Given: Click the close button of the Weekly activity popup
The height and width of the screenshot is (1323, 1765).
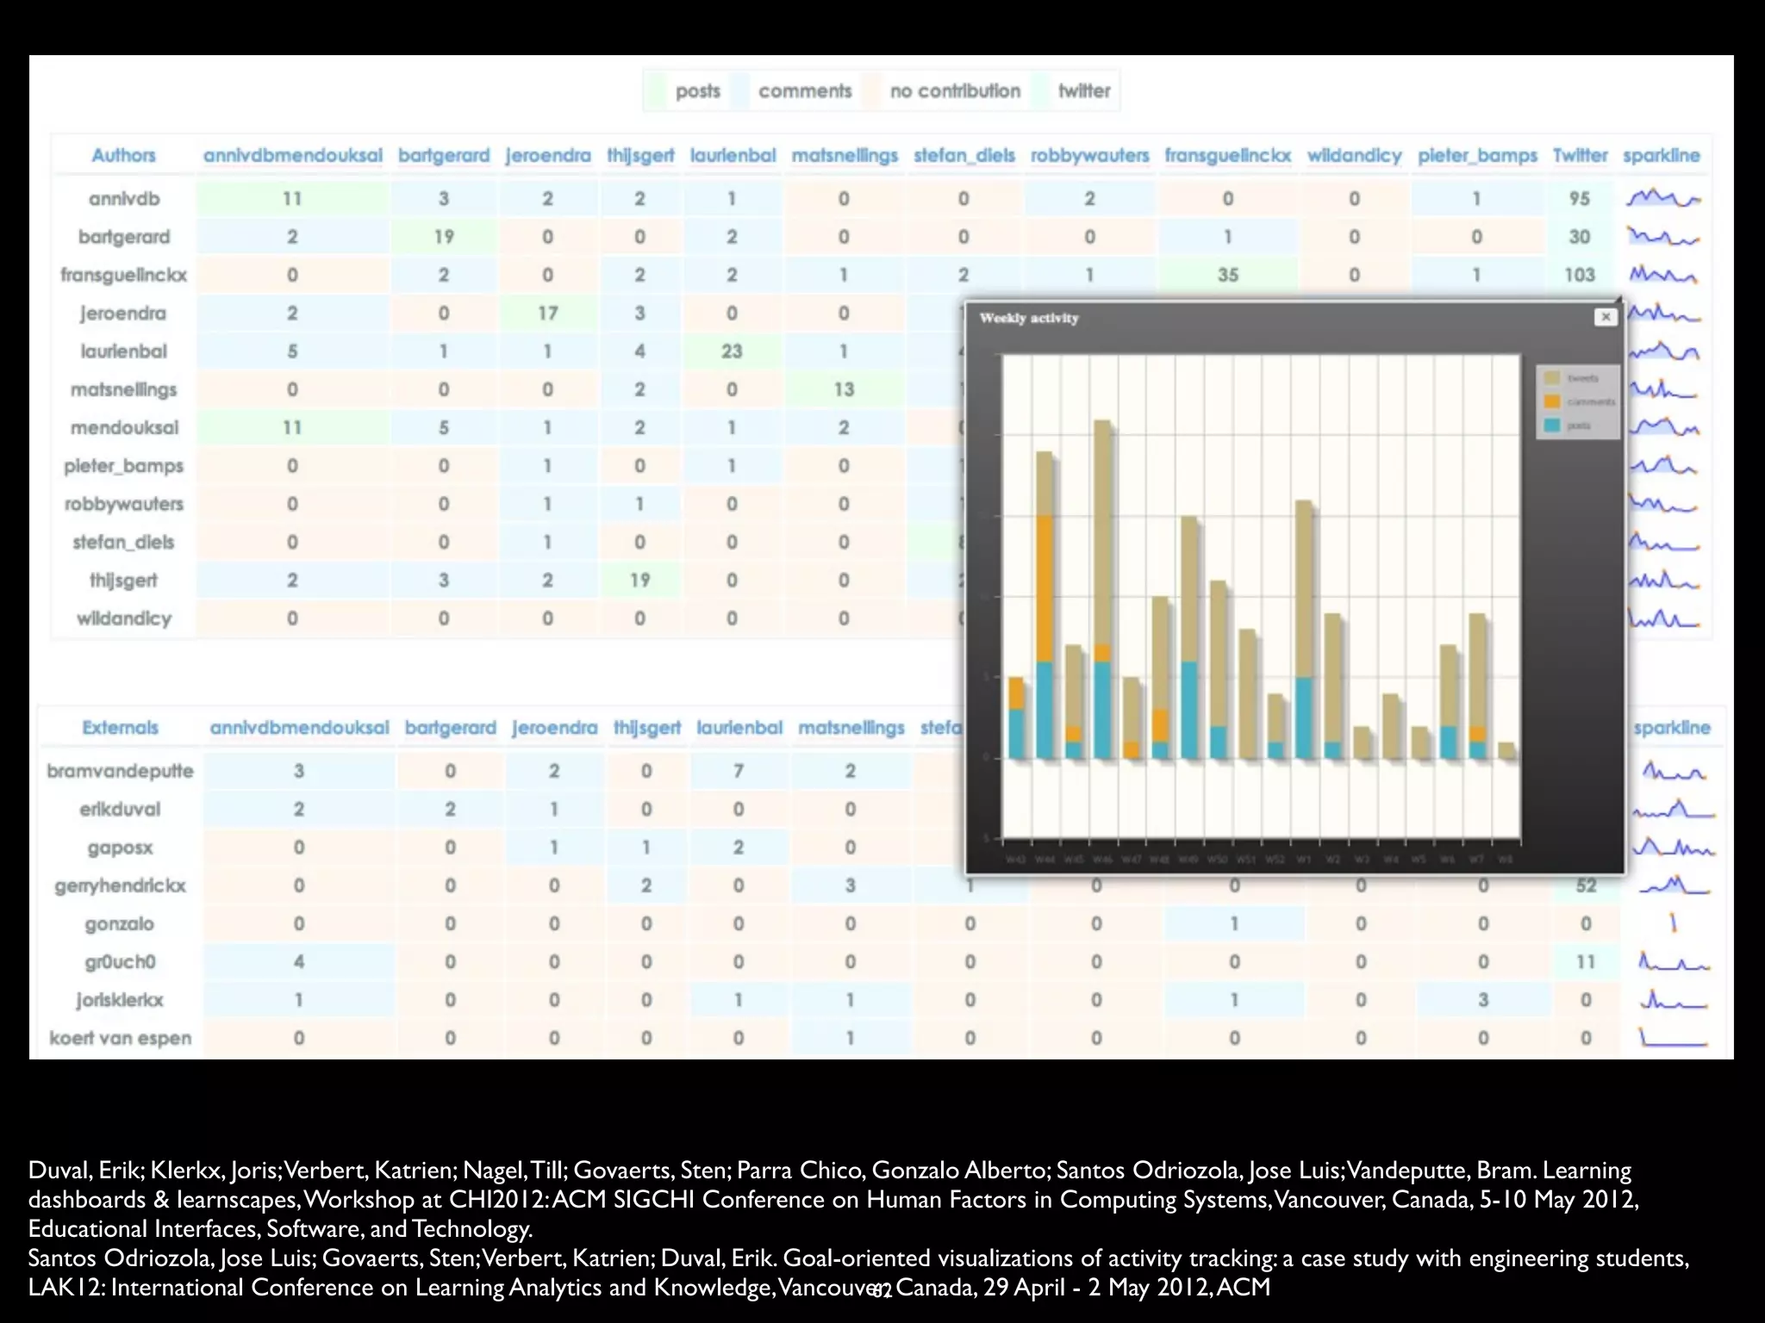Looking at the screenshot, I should pos(1605,317).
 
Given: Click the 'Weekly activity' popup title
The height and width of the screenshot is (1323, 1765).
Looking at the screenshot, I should pos(1029,319).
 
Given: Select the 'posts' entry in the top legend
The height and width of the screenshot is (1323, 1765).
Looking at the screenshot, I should pos(697,91).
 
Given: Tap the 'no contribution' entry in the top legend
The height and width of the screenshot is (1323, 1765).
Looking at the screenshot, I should pos(955,91).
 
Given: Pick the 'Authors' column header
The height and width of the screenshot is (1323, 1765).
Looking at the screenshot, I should pos(123,156).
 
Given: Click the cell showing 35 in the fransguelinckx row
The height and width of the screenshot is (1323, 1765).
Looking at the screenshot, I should pos(1227,275).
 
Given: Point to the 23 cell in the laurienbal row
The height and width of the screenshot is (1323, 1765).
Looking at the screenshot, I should pos(732,351).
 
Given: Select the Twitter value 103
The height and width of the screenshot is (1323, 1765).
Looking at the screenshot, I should pos(1579,275).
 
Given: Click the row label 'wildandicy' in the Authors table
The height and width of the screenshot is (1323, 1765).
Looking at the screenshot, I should pos(124,618).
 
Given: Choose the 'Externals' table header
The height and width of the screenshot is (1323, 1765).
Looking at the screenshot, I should pos(120,728).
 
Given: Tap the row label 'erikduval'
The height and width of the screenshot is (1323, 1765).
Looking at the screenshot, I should pos(120,810).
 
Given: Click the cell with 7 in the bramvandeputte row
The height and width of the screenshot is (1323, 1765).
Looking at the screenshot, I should pos(739,771).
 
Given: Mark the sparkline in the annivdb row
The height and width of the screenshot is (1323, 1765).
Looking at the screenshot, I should pos(1662,199).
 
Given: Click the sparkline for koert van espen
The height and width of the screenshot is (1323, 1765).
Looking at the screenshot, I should pos(1672,1038).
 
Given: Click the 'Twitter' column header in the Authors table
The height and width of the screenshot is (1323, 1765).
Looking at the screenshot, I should pos(1580,156).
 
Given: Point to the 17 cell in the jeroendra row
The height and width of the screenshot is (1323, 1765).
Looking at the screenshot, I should pos(548,314).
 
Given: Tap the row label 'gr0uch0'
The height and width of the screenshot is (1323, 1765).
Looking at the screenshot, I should pos(120,962).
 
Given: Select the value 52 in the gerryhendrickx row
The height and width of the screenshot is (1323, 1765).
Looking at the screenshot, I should pos(1586,885).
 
